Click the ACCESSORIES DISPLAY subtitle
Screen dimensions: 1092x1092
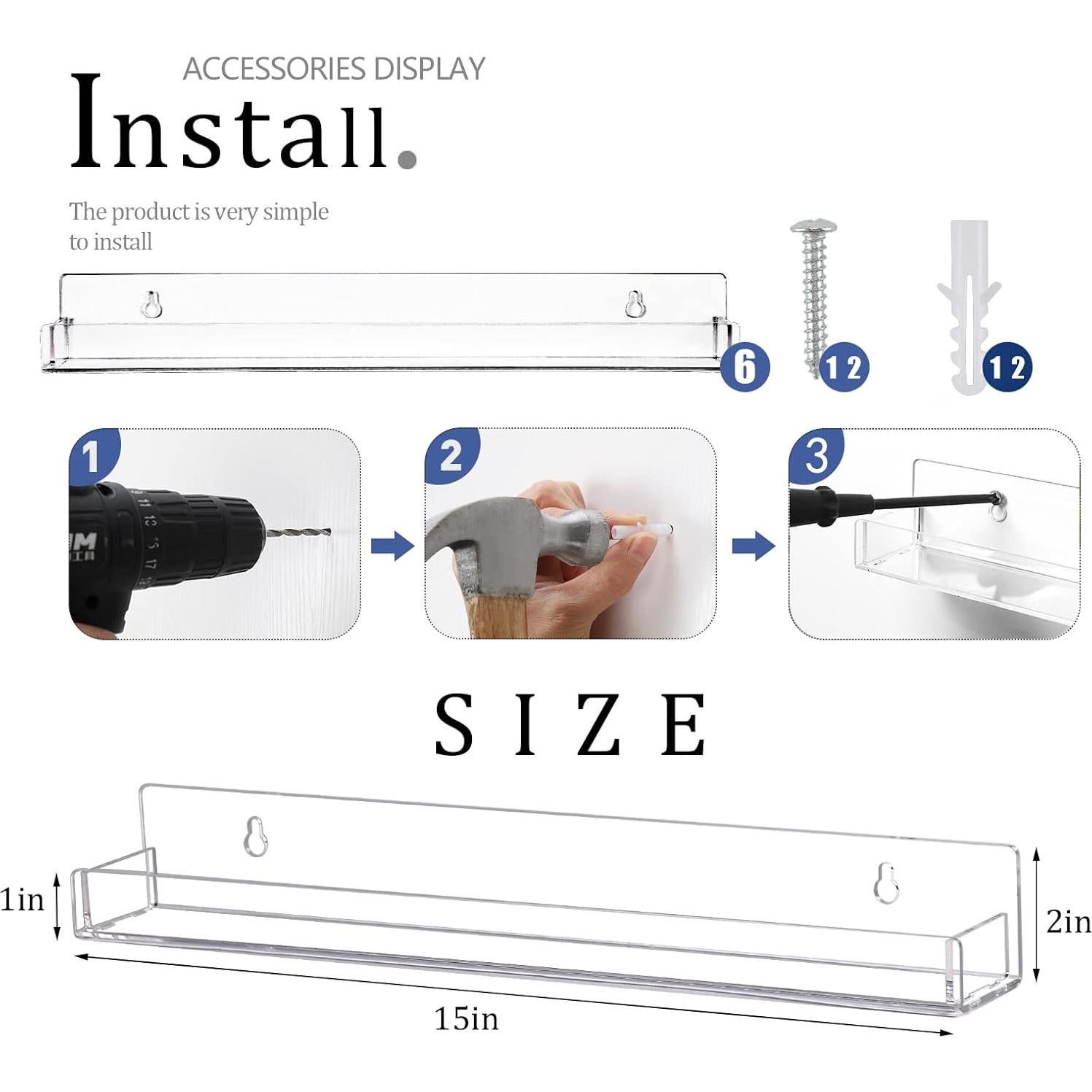click(333, 69)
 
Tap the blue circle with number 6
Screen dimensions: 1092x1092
click(744, 366)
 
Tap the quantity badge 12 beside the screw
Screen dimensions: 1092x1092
click(844, 367)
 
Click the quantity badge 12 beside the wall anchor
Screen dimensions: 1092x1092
click(1007, 367)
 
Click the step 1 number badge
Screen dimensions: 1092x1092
click(92, 456)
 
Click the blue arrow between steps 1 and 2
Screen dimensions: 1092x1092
click(392, 546)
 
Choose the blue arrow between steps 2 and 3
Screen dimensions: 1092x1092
click(753, 546)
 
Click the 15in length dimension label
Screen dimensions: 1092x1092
click(466, 1018)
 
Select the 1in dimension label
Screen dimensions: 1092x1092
click(22, 899)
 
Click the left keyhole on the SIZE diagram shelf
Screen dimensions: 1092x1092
click(255, 837)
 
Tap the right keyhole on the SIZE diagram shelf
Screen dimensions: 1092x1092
click(886, 883)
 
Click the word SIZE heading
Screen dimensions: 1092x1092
click(570, 725)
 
